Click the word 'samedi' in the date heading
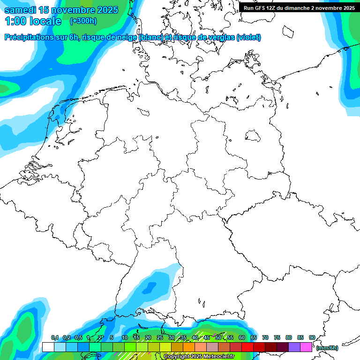point(20,10)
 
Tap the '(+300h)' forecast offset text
point(83,21)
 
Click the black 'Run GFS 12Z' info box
point(299,7)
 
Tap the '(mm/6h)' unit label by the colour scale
point(327,348)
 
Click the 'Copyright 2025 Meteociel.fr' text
point(198,357)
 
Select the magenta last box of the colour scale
point(306,347)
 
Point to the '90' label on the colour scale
point(312,338)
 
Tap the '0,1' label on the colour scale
point(54,338)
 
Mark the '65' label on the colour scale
point(253,338)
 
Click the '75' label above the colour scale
point(277,338)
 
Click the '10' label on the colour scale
point(124,338)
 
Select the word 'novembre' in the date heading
point(74,10)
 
